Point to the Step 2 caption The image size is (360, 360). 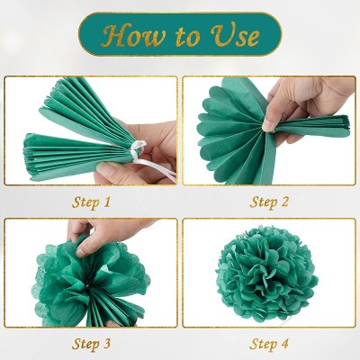point(269,202)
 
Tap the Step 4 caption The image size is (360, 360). point(269,343)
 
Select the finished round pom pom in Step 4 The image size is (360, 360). point(268,274)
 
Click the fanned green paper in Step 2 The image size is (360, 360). point(229,130)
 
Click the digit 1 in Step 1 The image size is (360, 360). point(107,202)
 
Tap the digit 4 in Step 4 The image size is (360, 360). point(287,343)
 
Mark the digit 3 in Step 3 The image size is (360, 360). point(108,343)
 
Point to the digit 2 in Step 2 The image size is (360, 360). point(286,202)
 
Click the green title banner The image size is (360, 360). point(180,35)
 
